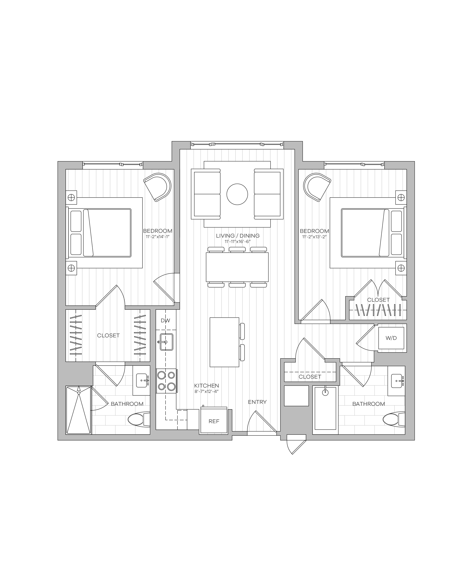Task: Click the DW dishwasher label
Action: (165, 321)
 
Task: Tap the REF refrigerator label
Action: (214, 421)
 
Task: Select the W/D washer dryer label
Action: (391, 338)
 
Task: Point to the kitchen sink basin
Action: (166, 342)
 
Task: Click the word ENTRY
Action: (257, 402)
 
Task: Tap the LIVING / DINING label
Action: (238, 236)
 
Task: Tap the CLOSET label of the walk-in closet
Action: (108, 335)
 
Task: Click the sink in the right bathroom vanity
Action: (397, 381)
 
